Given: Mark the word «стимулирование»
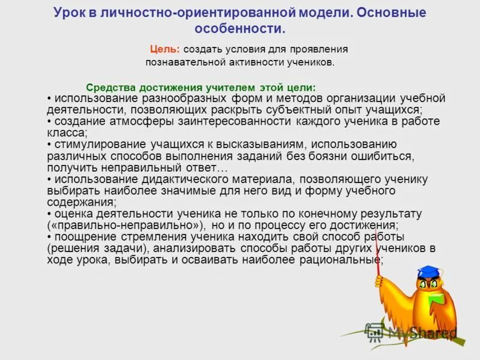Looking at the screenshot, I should click(97, 145).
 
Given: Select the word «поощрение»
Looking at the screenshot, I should click(81, 236).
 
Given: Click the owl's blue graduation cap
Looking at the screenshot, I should click(428, 271).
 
